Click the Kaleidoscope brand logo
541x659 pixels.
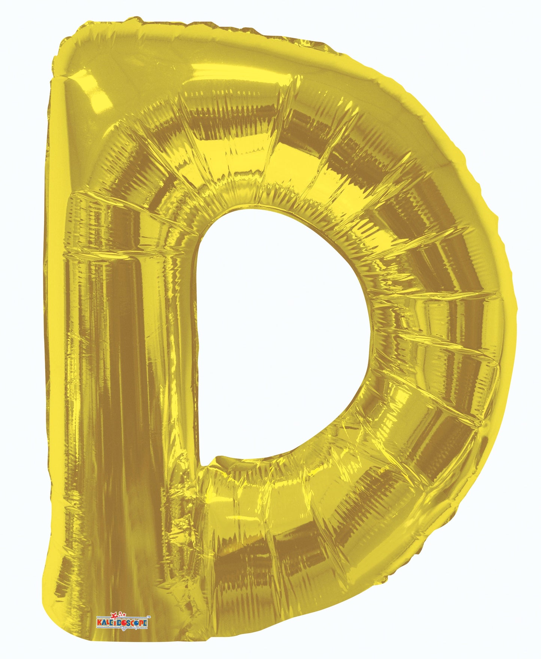coord(122,622)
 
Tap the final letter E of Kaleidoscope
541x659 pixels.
coord(145,623)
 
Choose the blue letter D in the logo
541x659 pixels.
coord(119,623)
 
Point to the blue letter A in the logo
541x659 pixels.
coord(104,623)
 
